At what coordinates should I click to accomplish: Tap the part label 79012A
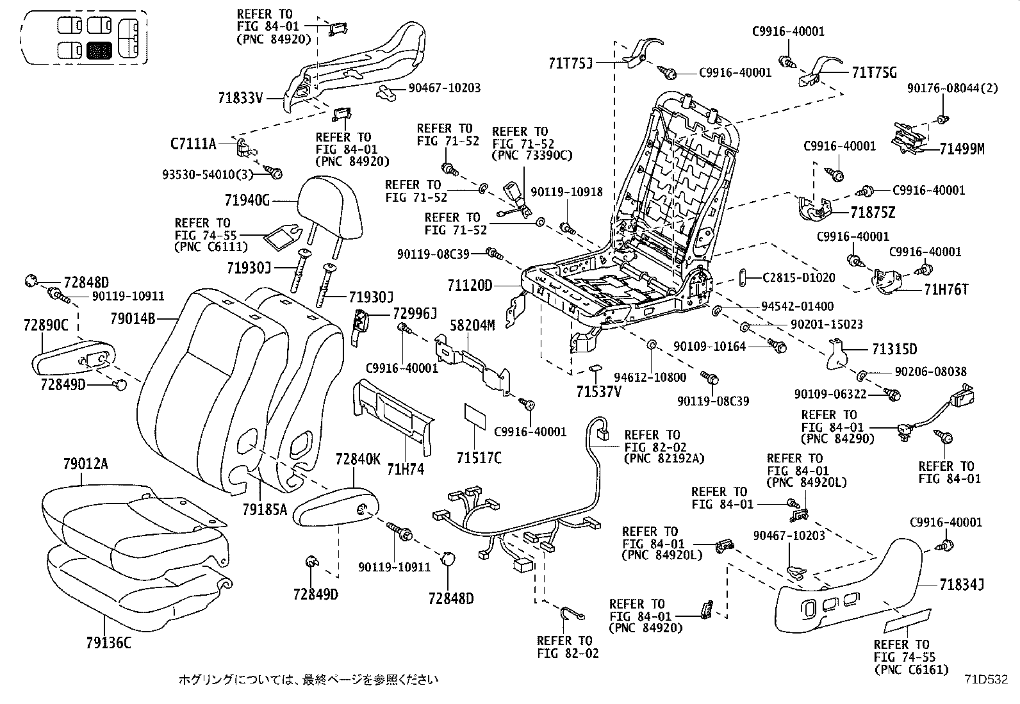[x=85, y=463]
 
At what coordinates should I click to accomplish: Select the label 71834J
[x=962, y=584]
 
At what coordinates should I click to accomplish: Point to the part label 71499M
[x=962, y=149]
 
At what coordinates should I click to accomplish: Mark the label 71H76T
[x=946, y=290]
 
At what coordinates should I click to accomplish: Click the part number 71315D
[x=894, y=349]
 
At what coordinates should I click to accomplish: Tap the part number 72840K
[x=358, y=459]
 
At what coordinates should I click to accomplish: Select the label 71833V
[x=240, y=98]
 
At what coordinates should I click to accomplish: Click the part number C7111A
[x=193, y=143]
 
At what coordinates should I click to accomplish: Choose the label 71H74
[x=406, y=470]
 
